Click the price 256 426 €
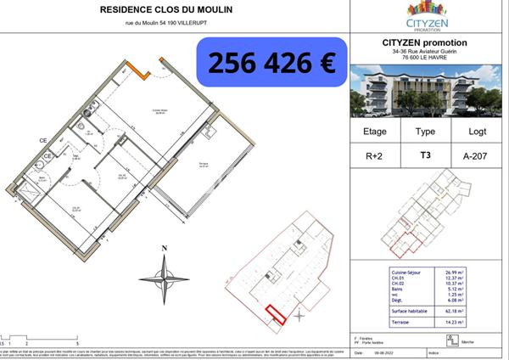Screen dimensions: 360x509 271,61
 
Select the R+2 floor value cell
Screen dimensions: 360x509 374,155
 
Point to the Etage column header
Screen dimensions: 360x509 374,132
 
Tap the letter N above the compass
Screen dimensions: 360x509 165,248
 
